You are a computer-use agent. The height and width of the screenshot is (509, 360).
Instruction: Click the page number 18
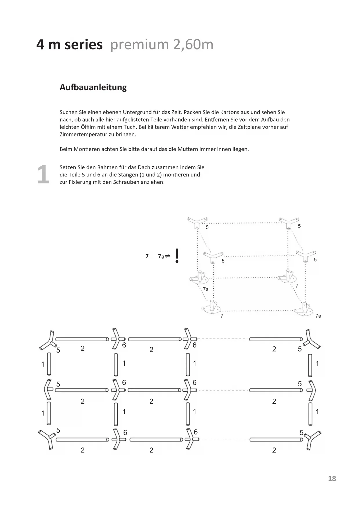(x=332, y=479)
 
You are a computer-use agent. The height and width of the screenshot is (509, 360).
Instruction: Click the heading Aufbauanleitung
(x=93, y=87)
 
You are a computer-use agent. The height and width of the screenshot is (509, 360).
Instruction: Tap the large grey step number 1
(x=43, y=174)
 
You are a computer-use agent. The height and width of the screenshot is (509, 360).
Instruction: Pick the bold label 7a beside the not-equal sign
(x=161, y=256)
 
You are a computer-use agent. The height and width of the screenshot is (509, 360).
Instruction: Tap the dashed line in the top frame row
(x=223, y=339)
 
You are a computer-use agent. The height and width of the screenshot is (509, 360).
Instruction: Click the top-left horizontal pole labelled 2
(x=82, y=339)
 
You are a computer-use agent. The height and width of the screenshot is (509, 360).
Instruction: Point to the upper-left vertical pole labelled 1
(x=49, y=364)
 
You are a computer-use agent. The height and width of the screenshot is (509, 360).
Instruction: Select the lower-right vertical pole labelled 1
(x=310, y=414)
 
